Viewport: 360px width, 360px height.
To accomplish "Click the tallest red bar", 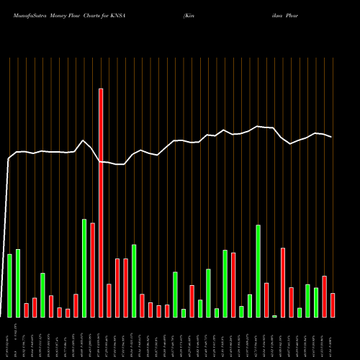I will (x=101, y=202).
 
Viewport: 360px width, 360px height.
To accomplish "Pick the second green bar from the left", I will (x=18, y=283).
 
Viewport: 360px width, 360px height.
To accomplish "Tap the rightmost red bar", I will (x=333, y=305).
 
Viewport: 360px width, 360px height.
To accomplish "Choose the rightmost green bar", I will (x=316, y=302).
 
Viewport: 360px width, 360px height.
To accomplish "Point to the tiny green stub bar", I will (x=274, y=315).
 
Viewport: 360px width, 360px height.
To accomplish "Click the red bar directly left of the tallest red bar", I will (x=93, y=270).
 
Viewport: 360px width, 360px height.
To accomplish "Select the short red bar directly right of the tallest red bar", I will (x=109, y=300).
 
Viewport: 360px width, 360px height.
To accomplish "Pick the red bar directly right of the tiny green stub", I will (x=283, y=282).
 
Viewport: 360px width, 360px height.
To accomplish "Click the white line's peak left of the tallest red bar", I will (x=84, y=140).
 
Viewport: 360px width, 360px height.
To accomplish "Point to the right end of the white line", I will (x=332, y=137).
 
